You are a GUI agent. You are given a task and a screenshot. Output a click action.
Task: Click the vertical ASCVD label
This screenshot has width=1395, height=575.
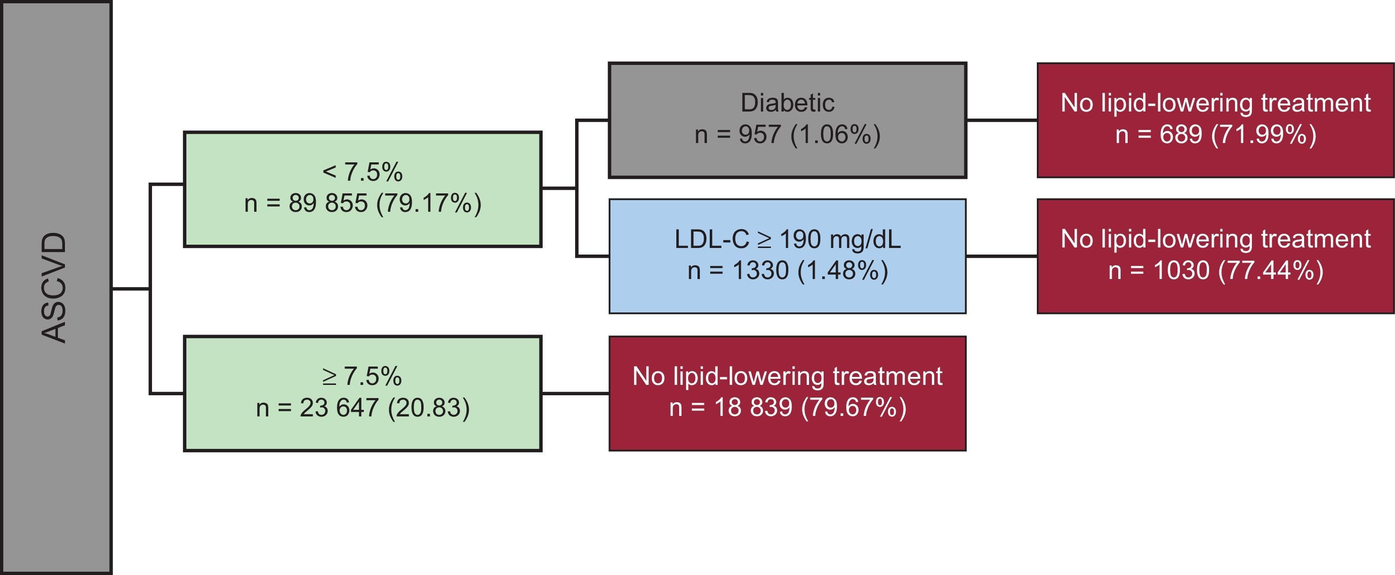tap(54, 287)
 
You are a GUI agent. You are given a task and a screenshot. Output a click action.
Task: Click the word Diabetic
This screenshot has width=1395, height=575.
tap(787, 103)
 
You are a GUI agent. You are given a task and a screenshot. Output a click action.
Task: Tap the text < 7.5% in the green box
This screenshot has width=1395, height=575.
tap(362, 172)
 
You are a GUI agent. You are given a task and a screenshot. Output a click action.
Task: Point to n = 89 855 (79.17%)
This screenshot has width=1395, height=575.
tap(362, 204)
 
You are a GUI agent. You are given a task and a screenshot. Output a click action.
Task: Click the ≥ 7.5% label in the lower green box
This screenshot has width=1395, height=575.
tap(362, 376)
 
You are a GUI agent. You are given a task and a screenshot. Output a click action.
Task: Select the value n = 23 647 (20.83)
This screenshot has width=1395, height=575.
tap(362, 407)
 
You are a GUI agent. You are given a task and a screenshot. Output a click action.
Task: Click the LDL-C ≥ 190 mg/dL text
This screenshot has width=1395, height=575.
tap(787, 240)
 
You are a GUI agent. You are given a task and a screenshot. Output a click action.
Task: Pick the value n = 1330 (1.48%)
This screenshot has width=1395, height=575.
tap(787, 271)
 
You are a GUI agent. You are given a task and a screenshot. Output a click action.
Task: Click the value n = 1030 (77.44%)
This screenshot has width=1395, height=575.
tap(1216, 271)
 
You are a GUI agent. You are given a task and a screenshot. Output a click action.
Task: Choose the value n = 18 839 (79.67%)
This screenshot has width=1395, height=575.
tap(787, 407)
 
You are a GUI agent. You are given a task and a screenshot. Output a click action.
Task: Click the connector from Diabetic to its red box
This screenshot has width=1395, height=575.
tap(1002, 120)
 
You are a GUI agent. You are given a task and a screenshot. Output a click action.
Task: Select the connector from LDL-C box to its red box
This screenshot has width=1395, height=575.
tap(1002, 256)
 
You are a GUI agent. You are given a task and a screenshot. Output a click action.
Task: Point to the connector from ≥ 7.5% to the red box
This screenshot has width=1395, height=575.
tap(575, 393)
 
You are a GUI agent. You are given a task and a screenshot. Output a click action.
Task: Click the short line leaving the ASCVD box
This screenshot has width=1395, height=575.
tap(130, 288)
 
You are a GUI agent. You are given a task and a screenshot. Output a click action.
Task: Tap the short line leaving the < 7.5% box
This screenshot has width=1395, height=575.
tap(558, 188)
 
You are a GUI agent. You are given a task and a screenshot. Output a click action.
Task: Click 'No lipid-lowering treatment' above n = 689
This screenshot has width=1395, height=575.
tap(1216, 103)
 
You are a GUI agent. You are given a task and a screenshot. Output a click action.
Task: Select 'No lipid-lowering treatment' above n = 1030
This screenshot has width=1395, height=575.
tap(1216, 240)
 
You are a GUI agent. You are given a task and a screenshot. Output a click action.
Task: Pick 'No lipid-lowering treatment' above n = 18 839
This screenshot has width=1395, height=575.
tap(787, 376)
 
